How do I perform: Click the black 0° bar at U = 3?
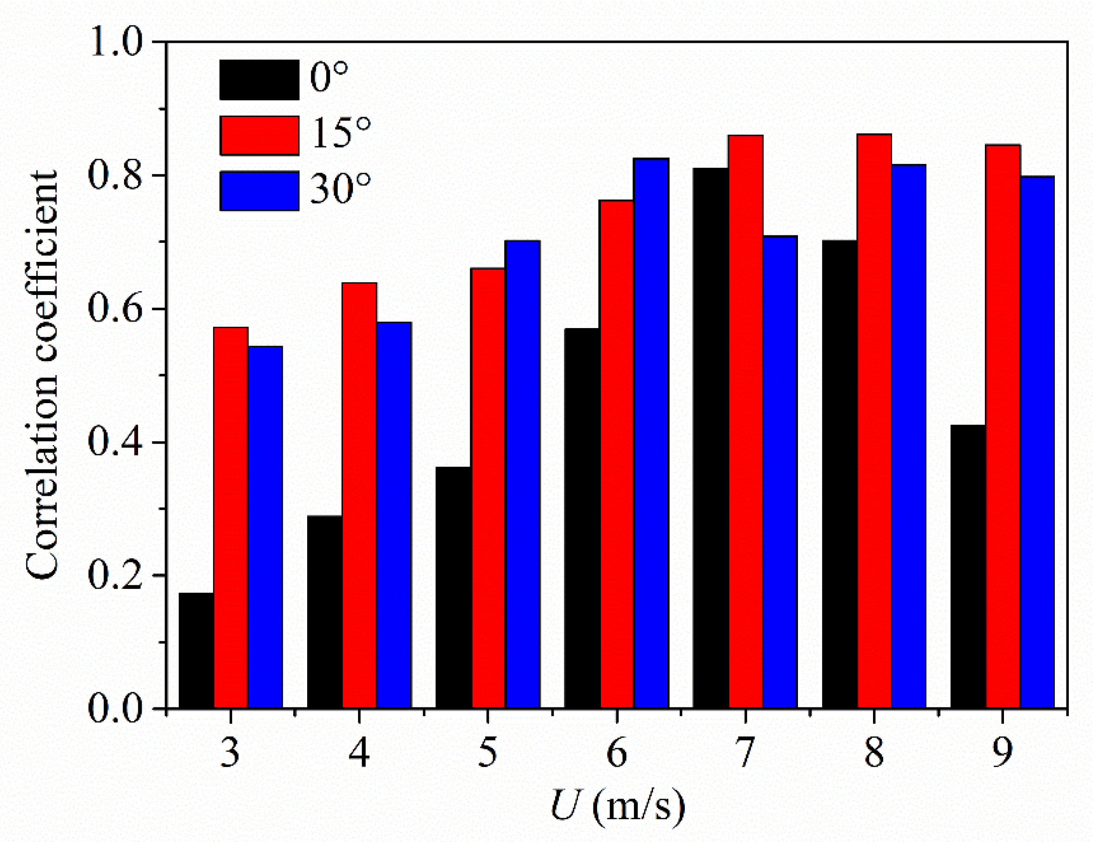[x=196, y=650]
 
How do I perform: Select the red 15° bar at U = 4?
[x=359, y=495]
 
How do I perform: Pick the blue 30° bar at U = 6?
[x=651, y=433]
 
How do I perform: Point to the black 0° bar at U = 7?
[x=711, y=438]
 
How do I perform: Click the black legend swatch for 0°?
[x=259, y=80]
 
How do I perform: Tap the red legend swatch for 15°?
[x=259, y=136]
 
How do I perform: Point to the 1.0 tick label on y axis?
[x=115, y=43]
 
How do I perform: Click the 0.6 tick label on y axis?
[x=115, y=309]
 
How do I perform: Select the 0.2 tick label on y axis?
[x=115, y=576]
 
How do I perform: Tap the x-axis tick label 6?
[x=617, y=753]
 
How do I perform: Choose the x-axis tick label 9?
[x=1003, y=753]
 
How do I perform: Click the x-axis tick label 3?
[x=230, y=753]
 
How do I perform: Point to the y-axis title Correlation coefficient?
[x=42, y=375]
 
